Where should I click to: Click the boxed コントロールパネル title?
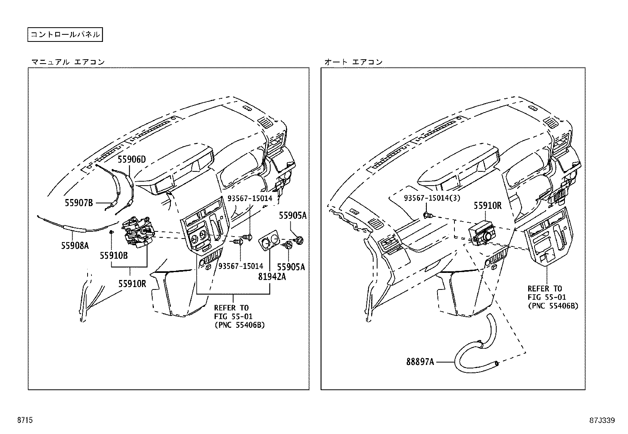click(65, 34)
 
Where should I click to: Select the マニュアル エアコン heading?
click(68, 62)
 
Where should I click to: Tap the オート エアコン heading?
click(353, 62)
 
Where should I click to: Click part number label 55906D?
click(132, 160)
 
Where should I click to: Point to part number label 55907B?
click(79, 203)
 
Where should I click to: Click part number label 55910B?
click(114, 256)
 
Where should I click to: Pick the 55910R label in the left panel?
click(133, 283)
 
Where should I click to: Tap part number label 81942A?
click(272, 277)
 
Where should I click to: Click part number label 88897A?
click(421, 361)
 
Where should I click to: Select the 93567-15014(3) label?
click(432, 198)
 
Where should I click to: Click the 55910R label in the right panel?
click(488, 205)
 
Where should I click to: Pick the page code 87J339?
click(602, 420)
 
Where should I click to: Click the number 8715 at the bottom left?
click(24, 420)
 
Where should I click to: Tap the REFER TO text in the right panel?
click(544, 289)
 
